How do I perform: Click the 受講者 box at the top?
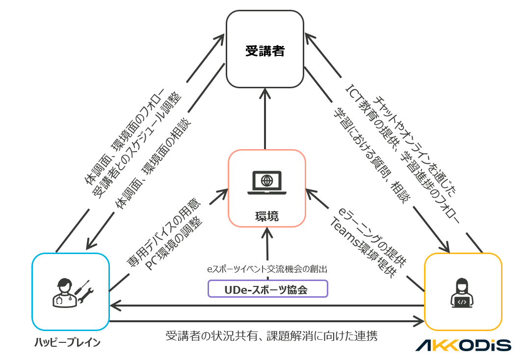(x=265, y=50)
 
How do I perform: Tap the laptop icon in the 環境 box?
(x=267, y=182)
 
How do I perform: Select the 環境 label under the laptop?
(x=267, y=216)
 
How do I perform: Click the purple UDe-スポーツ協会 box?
(x=268, y=289)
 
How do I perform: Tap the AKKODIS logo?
(x=463, y=345)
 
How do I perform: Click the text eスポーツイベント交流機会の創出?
(x=267, y=269)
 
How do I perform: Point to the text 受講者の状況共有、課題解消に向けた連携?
(x=271, y=336)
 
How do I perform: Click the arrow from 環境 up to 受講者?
(x=265, y=118)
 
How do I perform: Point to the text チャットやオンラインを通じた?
(x=415, y=142)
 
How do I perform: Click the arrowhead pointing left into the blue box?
(x=114, y=306)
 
